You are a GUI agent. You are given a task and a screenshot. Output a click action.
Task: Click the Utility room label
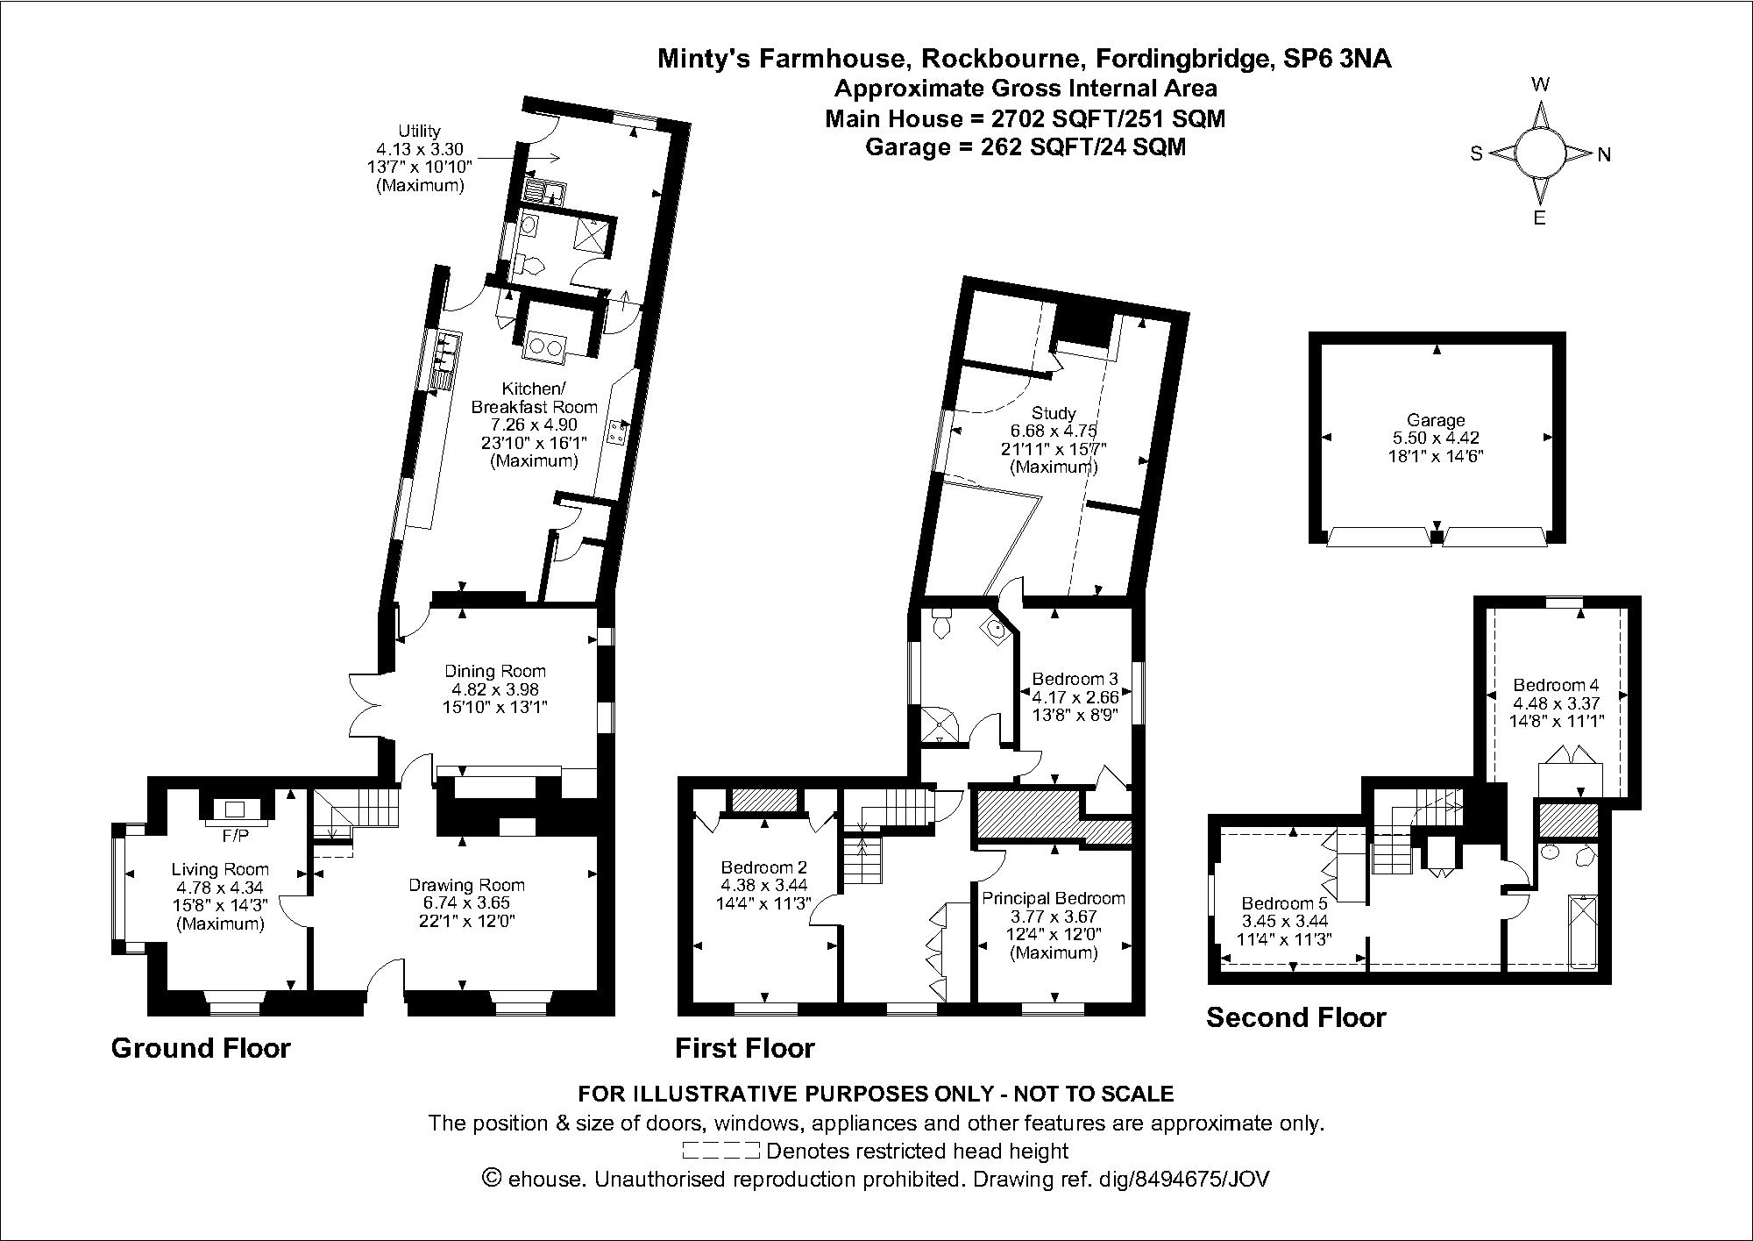pos(420,131)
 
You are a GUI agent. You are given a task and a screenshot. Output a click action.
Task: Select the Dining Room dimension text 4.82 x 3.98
pos(494,689)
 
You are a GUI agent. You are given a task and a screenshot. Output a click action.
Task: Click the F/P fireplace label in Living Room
pos(235,837)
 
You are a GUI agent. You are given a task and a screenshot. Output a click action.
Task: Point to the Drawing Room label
pos(466,885)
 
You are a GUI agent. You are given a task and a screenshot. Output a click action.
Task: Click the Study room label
pos(1054,412)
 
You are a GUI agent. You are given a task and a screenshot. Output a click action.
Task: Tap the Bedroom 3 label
pos(1075,679)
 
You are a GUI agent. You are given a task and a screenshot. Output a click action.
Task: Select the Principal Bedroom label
pos(1053,898)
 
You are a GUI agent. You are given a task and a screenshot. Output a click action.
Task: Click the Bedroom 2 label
pos(763,867)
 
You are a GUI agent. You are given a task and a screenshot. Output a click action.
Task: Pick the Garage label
pos(1436,420)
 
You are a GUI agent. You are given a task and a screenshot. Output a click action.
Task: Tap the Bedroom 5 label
pos(1284,903)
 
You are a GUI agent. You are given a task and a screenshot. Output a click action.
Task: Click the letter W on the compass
pos(1540,85)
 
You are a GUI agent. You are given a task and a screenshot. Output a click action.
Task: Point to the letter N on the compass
pos(1604,155)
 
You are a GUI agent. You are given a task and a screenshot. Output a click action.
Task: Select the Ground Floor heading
pos(201,1048)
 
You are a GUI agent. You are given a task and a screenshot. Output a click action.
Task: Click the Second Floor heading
pos(1295,1017)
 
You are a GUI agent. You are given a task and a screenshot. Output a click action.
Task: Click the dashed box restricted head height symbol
pos(720,1151)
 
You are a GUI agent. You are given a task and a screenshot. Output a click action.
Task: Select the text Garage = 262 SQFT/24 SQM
pos(1025,147)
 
